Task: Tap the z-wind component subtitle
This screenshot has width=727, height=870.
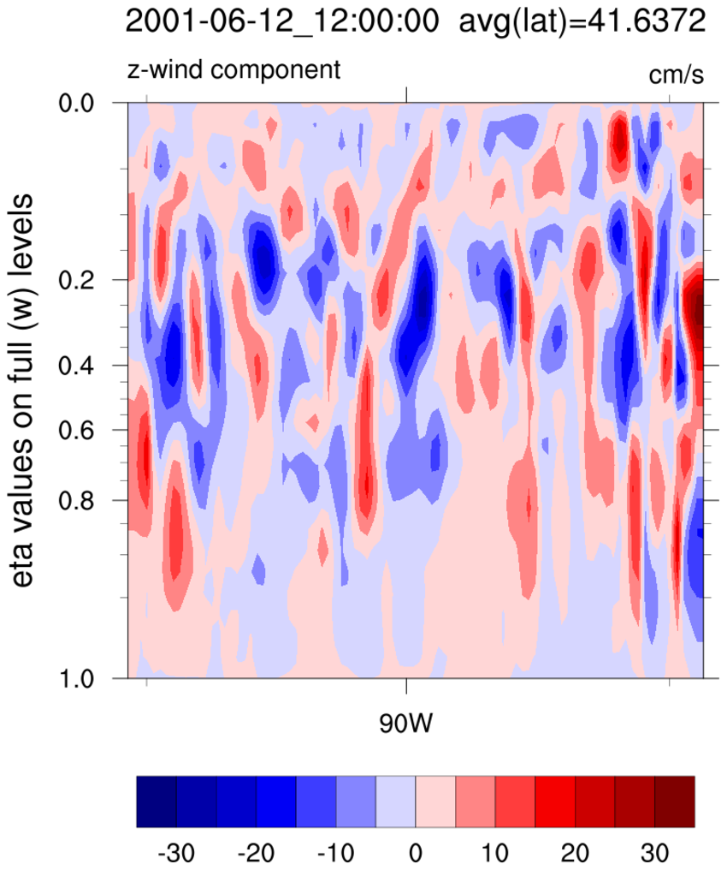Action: [x=234, y=69]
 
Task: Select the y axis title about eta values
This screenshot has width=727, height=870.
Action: [x=27, y=389]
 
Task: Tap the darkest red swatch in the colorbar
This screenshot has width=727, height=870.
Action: [x=674, y=802]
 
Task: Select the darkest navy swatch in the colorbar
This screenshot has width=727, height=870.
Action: [x=157, y=802]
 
